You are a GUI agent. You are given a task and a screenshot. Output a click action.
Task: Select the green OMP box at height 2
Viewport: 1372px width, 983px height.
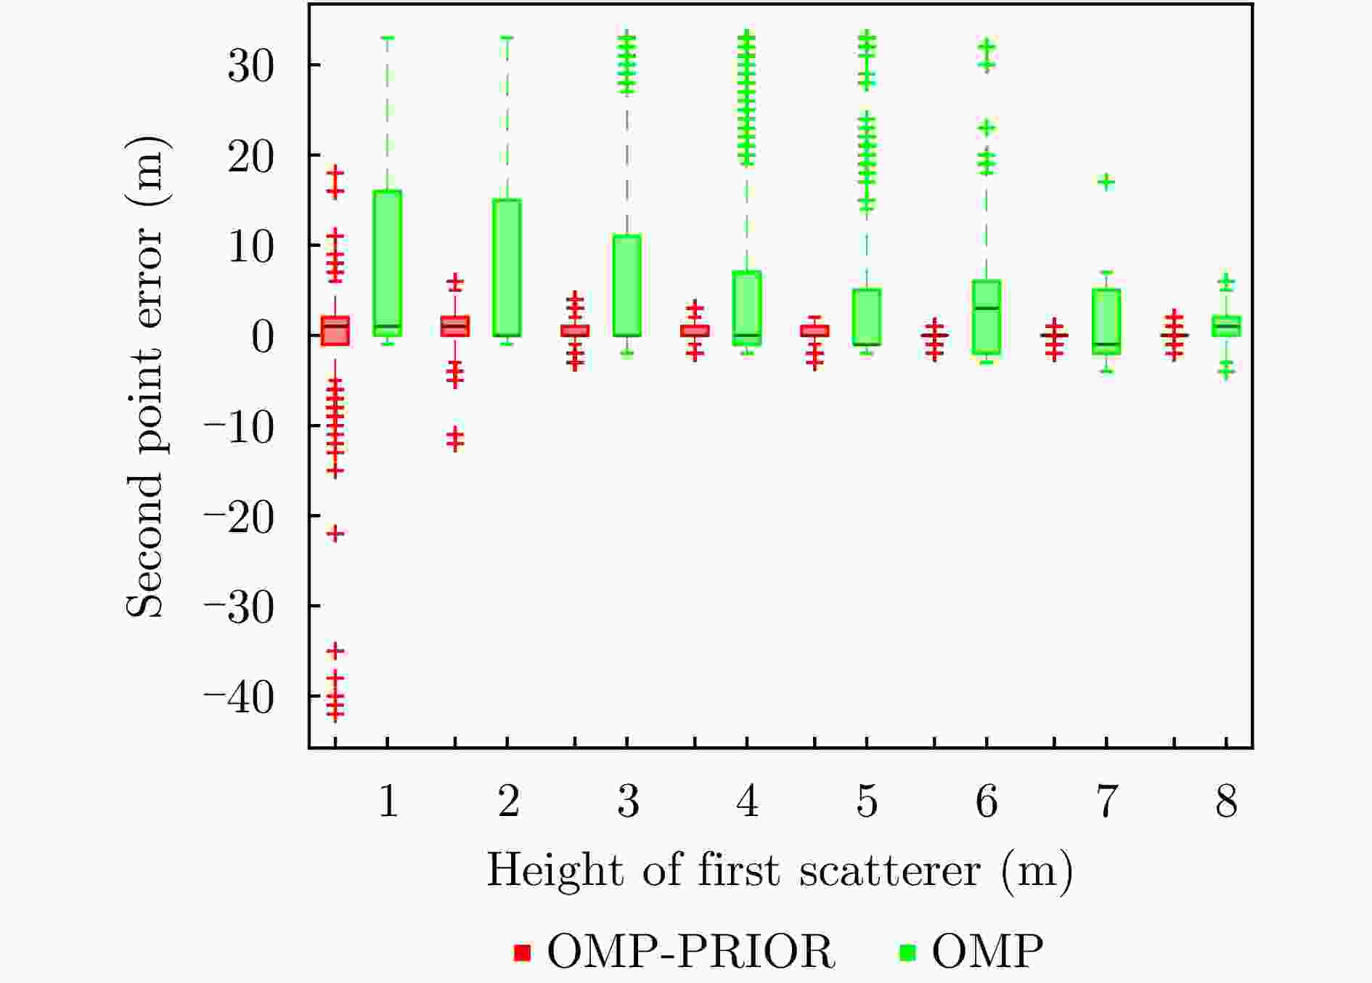point(507,267)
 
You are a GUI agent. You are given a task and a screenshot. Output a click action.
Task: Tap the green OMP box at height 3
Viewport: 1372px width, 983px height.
point(626,285)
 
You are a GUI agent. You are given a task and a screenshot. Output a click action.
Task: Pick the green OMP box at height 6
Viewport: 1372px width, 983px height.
point(986,317)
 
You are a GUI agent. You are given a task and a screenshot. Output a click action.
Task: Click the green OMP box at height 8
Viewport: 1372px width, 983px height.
point(1226,326)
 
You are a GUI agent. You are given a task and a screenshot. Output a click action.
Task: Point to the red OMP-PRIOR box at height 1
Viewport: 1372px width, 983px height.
point(335,330)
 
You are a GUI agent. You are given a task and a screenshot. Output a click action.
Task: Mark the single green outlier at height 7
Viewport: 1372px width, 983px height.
point(1106,182)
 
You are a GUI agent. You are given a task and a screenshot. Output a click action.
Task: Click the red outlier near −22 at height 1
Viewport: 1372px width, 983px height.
point(335,534)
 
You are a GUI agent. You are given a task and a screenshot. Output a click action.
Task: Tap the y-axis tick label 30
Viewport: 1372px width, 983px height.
point(250,65)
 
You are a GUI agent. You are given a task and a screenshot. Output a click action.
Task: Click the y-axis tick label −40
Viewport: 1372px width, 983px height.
point(240,696)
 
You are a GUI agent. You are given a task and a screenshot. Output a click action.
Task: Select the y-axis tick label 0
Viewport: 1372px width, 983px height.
point(263,336)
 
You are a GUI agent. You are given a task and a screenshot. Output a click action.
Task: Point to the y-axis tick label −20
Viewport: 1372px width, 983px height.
point(240,516)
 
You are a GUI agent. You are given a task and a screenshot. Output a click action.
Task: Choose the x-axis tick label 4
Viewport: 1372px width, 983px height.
point(747,802)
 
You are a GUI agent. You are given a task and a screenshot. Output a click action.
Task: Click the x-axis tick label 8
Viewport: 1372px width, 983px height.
point(1226,802)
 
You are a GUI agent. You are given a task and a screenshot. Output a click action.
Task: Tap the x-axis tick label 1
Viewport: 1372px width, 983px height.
point(388,802)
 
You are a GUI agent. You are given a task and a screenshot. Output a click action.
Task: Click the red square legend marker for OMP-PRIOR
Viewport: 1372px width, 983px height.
point(522,952)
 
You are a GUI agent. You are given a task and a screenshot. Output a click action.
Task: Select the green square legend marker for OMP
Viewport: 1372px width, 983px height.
point(907,952)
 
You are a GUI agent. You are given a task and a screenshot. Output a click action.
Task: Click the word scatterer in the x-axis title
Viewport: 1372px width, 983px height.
point(890,870)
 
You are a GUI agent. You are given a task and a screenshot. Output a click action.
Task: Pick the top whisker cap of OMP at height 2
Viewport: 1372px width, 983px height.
point(507,37)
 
